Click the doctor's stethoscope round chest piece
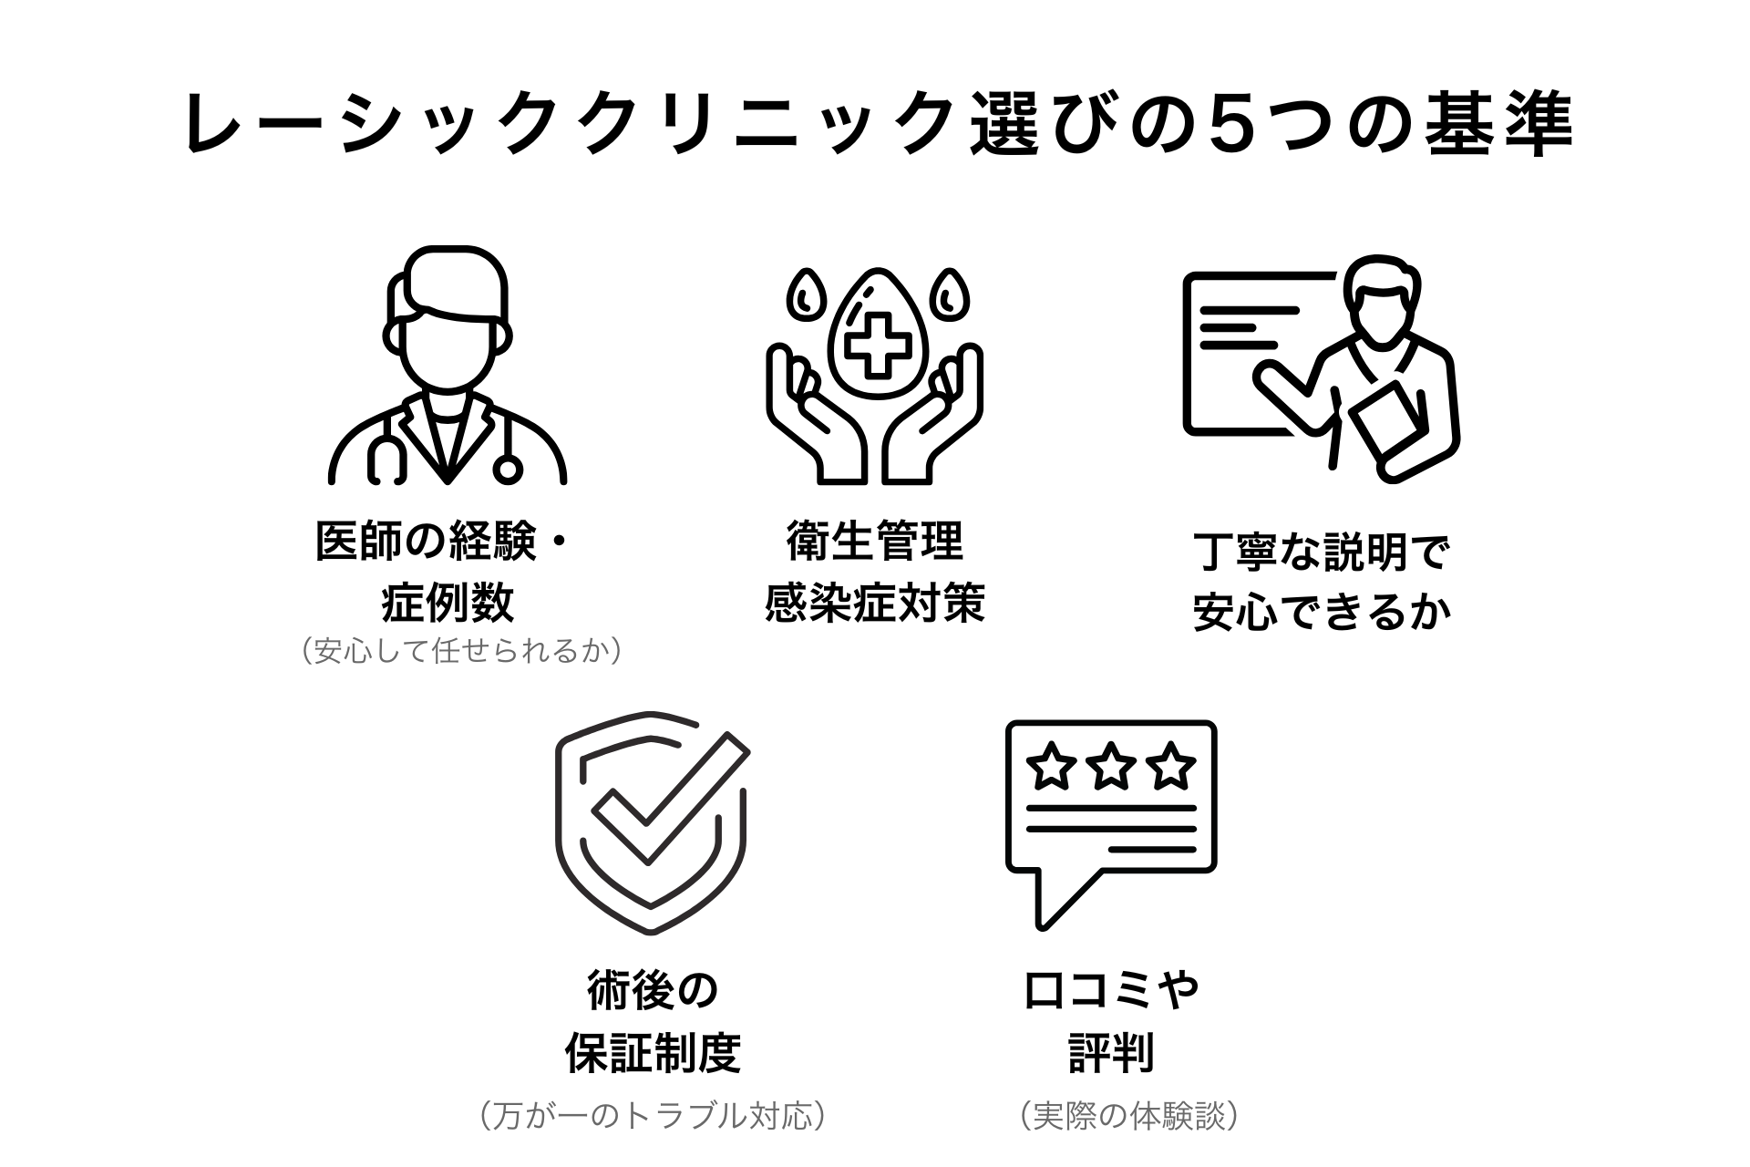[x=508, y=469]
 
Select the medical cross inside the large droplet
[x=876, y=344]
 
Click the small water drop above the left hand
[x=805, y=294]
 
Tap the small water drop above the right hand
[x=949, y=294]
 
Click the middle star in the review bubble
[x=1110, y=767]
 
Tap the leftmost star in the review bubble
[x=1052, y=767]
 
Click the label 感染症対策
[x=875, y=603]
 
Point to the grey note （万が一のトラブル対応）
[x=652, y=1114]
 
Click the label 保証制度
[x=652, y=1053]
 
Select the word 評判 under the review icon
[x=1111, y=1053]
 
